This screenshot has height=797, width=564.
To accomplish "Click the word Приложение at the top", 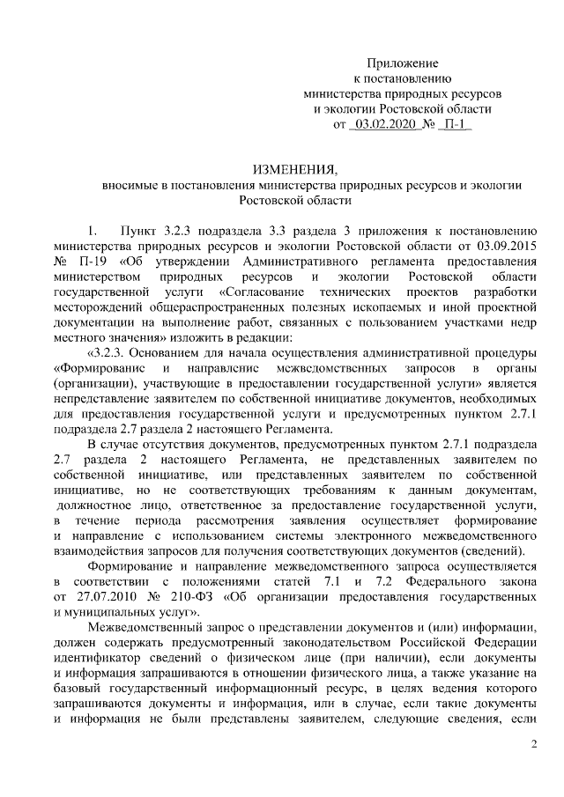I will (403, 63).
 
